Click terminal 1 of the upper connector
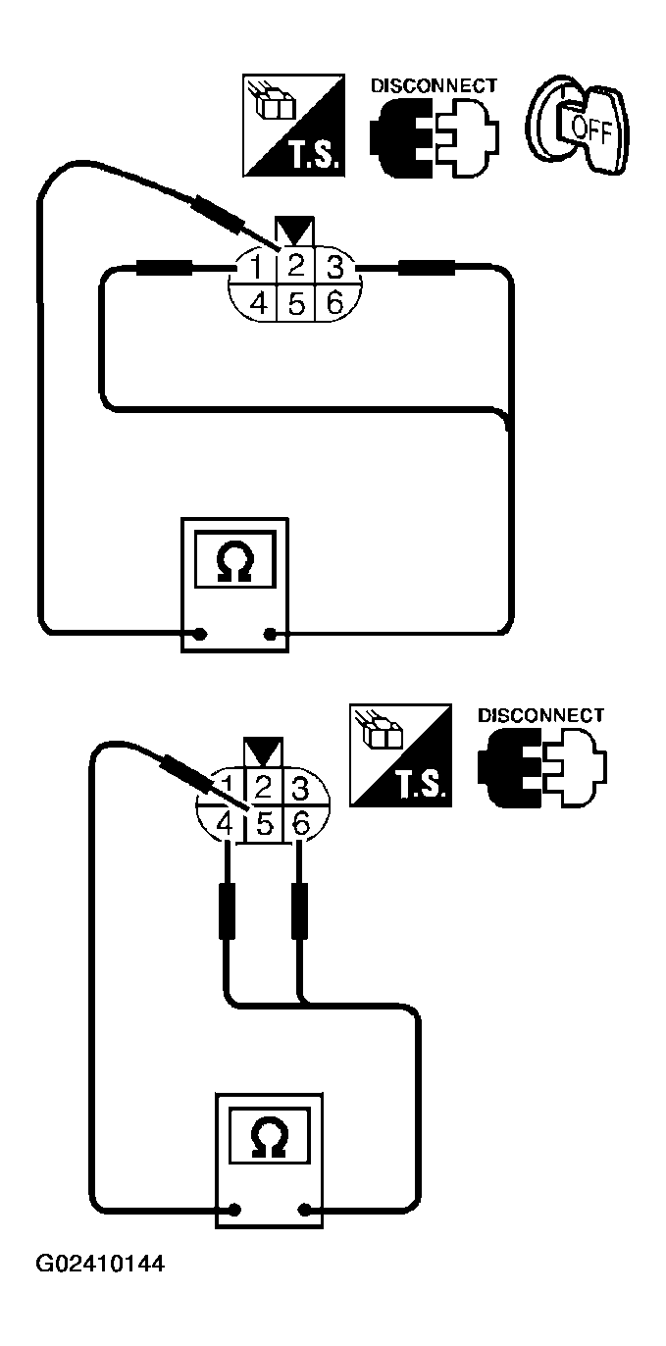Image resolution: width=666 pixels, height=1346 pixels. [257, 267]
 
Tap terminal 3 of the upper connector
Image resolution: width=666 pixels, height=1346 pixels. [333, 267]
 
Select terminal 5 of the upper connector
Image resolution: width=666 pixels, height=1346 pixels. [295, 303]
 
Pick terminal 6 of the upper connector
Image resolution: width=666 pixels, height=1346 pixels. [333, 303]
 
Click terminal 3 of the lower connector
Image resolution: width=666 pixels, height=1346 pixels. [301, 787]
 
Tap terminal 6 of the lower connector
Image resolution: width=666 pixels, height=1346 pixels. [301, 824]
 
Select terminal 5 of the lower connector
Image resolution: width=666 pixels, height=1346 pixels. [263, 824]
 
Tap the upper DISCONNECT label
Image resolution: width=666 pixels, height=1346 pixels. [434, 86]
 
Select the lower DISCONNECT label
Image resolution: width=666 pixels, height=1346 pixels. [540, 715]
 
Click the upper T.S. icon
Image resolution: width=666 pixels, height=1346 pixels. [293, 125]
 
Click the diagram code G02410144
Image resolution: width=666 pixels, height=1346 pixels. [100, 1292]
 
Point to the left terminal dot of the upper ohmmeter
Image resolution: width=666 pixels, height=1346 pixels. [200, 634]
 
